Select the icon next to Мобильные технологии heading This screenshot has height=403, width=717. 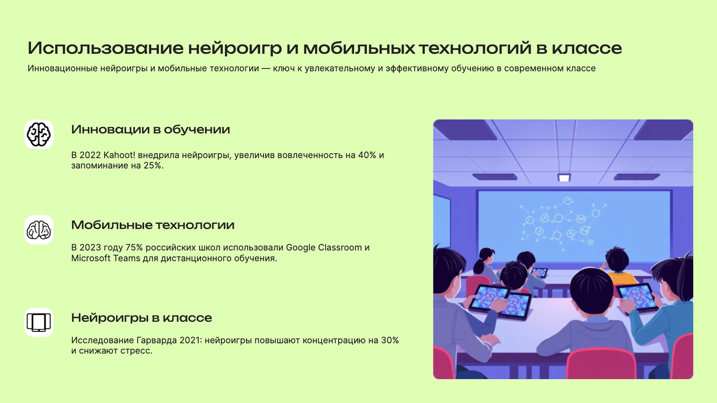(39, 230)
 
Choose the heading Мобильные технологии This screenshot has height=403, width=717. (153, 225)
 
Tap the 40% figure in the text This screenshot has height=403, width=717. (367, 155)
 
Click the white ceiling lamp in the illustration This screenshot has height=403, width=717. (564, 177)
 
